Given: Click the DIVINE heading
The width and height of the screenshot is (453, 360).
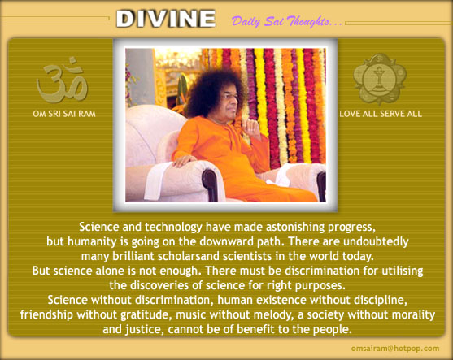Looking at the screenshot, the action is (x=166, y=19).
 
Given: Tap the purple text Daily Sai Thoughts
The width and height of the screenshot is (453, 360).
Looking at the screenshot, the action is (x=287, y=21).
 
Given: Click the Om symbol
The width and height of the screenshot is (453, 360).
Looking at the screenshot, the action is (x=62, y=80).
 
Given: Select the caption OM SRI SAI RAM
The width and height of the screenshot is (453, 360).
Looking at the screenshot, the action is (x=64, y=114).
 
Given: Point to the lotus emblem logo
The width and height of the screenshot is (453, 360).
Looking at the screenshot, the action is (x=380, y=78).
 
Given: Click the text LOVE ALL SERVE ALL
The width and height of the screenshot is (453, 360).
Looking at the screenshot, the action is (x=381, y=114).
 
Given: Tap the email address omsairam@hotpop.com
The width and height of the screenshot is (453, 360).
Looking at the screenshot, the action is (x=395, y=349).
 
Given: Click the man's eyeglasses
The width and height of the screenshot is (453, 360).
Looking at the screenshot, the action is (x=230, y=97).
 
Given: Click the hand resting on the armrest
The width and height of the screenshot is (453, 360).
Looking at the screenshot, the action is (x=184, y=161).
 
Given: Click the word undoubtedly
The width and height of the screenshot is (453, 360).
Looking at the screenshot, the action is (x=376, y=241).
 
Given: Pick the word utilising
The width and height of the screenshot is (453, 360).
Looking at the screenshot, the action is (x=403, y=271).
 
